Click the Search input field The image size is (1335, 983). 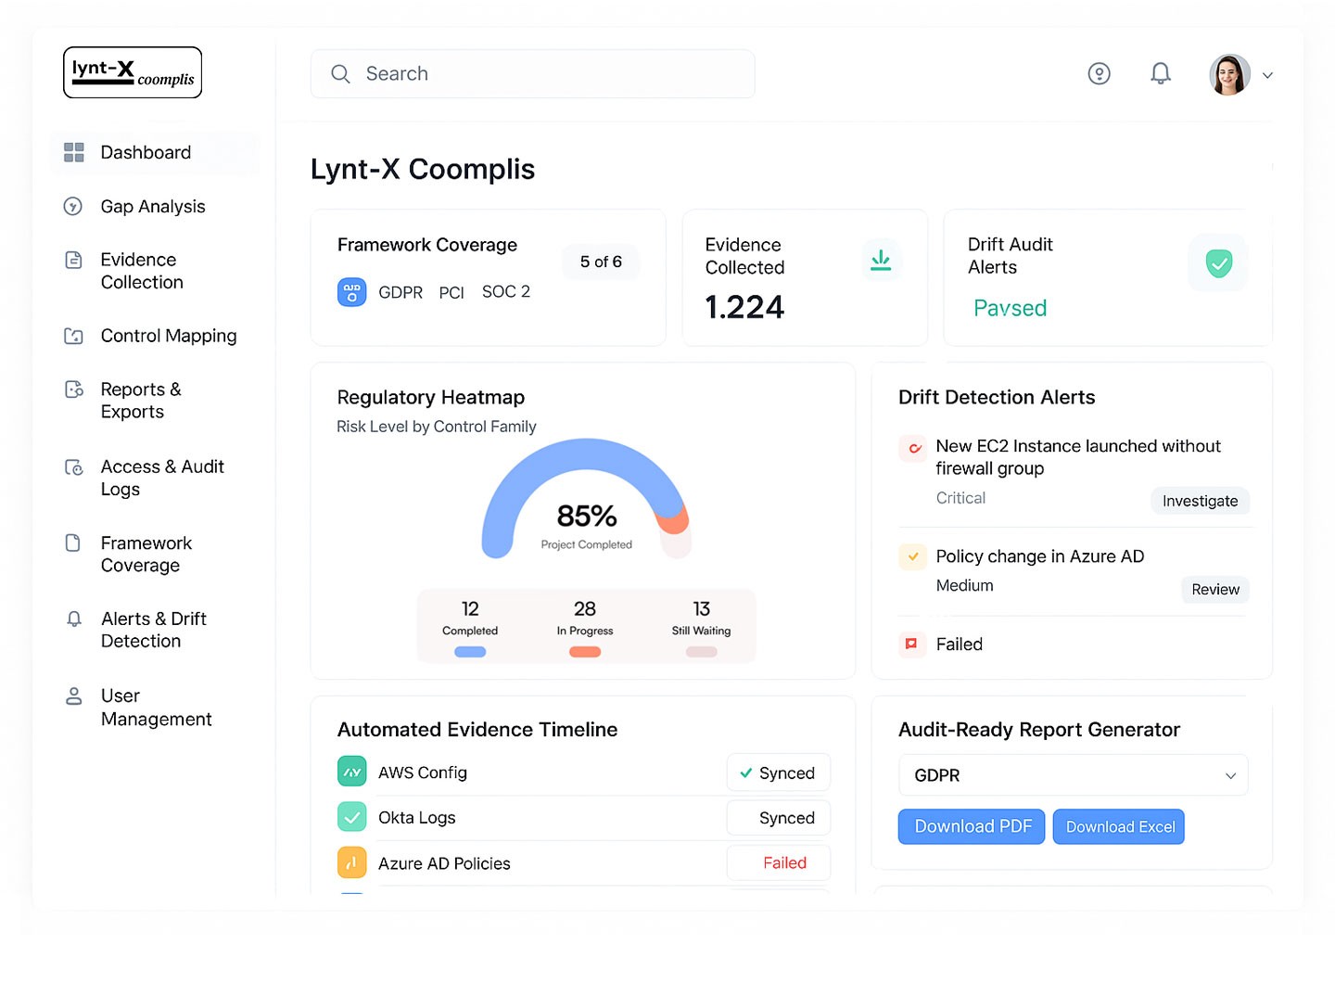point(532,74)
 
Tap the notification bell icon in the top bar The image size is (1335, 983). point(1160,73)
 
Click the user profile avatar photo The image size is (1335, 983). point(1229,74)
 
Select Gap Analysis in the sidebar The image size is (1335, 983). point(152,207)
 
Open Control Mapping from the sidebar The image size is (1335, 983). point(168,336)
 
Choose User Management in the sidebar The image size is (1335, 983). point(156,708)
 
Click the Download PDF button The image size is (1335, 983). point(972,826)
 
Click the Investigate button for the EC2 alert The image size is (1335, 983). point(1200,501)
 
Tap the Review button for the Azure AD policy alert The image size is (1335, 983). point(1214,590)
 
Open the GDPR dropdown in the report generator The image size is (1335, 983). point(1073,775)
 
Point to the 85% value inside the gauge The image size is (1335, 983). point(587,516)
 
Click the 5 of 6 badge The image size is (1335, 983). point(601,262)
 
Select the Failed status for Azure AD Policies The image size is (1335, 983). point(784,863)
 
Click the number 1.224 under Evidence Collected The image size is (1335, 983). point(744,307)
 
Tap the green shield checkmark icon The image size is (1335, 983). point(1218,263)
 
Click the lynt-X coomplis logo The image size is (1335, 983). point(133,72)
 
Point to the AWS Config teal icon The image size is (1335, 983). point(351,772)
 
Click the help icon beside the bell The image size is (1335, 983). point(1099,73)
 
